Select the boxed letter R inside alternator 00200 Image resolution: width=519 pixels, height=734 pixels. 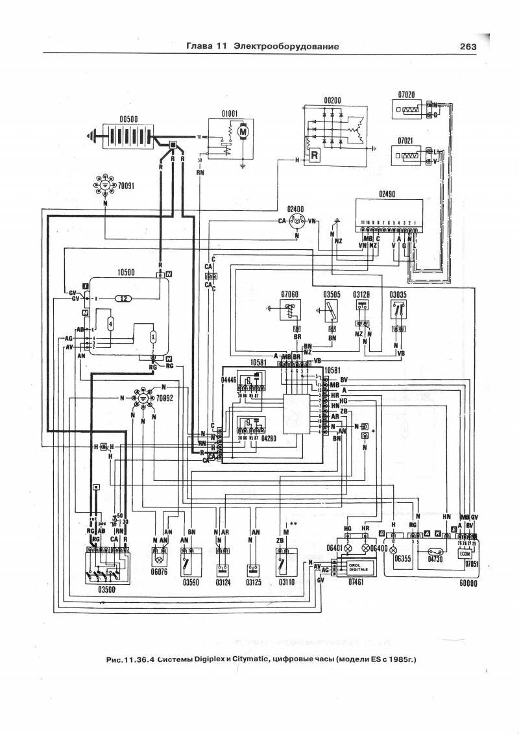point(315,156)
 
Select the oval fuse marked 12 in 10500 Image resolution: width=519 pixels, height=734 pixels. point(123,299)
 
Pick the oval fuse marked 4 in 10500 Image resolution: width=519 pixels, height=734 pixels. point(110,323)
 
